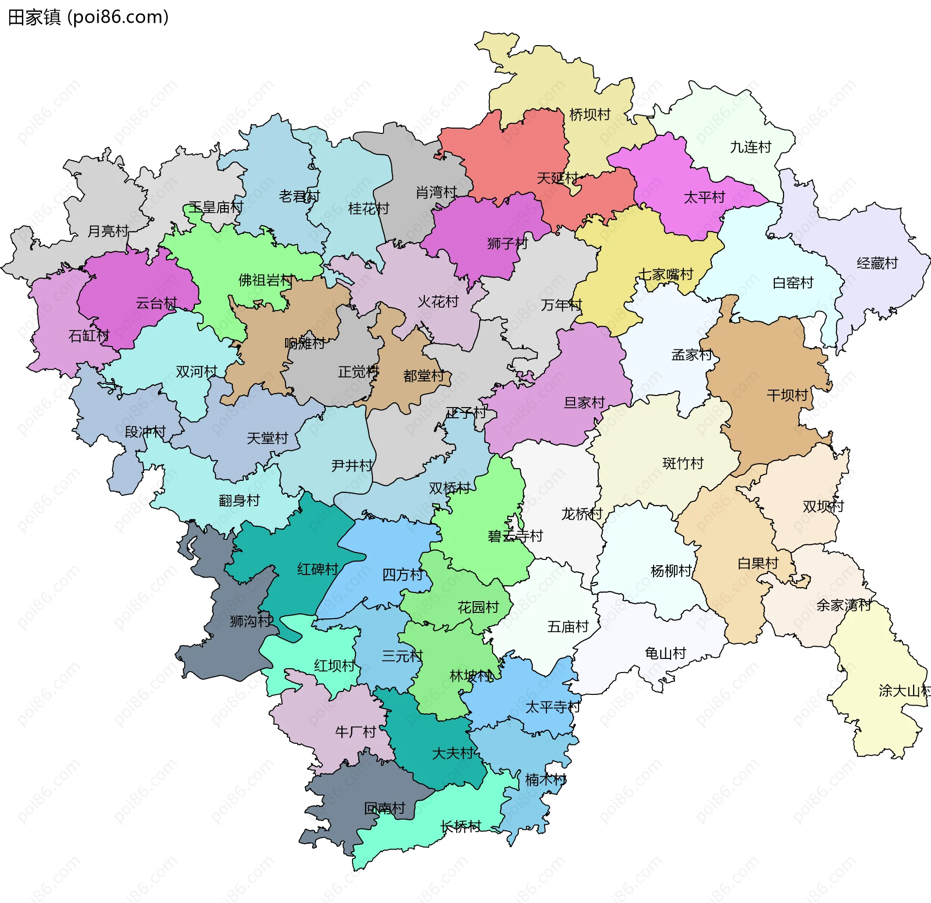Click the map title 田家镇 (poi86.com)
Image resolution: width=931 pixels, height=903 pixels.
click(x=88, y=17)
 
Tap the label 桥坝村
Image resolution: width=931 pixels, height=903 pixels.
click(x=590, y=115)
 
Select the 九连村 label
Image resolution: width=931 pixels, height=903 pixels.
click(x=751, y=147)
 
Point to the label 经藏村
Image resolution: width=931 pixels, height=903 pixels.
click(x=877, y=263)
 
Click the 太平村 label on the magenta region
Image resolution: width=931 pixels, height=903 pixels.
click(x=704, y=197)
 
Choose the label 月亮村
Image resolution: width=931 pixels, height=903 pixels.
click(x=108, y=231)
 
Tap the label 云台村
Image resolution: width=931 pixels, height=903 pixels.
click(x=156, y=303)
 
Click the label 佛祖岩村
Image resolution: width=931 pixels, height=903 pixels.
click(x=266, y=280)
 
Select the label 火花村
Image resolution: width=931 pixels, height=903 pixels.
click(x=438, y=302)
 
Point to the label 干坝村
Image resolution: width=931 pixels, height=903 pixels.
click(x=787, y=395)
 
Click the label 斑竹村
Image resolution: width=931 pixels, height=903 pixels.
click(x=683, y=463)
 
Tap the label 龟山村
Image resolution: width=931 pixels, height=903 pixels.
click(x=665, y=654)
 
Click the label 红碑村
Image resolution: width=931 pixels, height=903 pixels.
click(x=318, y=569)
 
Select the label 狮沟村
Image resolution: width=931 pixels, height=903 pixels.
click(x=251, y=621)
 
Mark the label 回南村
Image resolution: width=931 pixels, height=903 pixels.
click(x=385, y=808)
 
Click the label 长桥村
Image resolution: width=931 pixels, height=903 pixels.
click(x=461, y=826)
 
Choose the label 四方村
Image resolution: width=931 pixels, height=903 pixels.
click(x=402, y=575)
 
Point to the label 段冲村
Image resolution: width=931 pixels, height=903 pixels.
click(x=145, y=432)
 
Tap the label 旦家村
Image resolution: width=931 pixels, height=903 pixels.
click(x=584, y=403)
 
